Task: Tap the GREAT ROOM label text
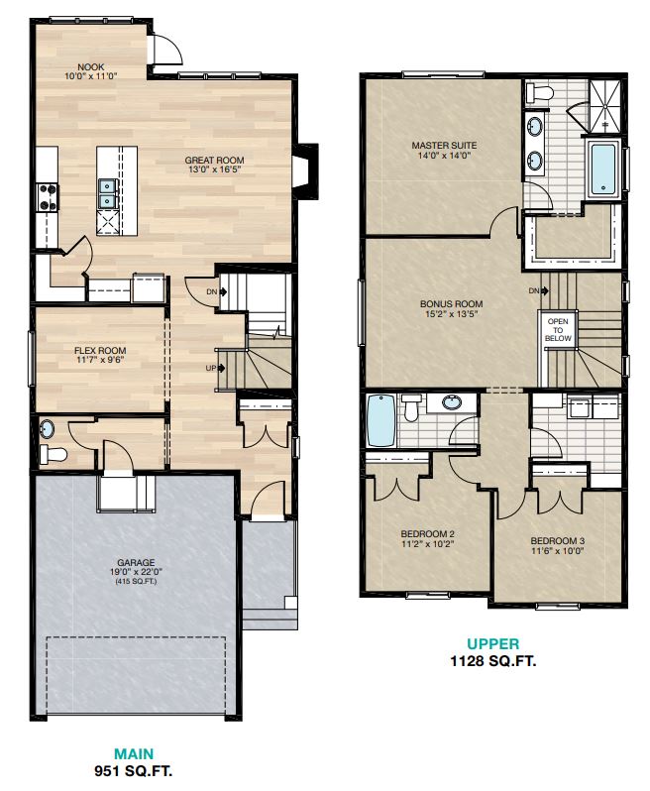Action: coord(214,161)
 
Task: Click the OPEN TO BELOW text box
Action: coord(557,330)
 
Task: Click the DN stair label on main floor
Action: coord(212,291)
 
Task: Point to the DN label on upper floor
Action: coord(535,290)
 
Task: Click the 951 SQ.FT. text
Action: coord(133,769)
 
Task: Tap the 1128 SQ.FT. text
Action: coord(491,661)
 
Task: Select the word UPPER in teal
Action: coord(491,644)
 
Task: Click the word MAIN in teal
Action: coord(133,752)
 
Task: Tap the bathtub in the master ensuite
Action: coord(603,169)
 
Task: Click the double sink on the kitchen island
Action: coord(107,192)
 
